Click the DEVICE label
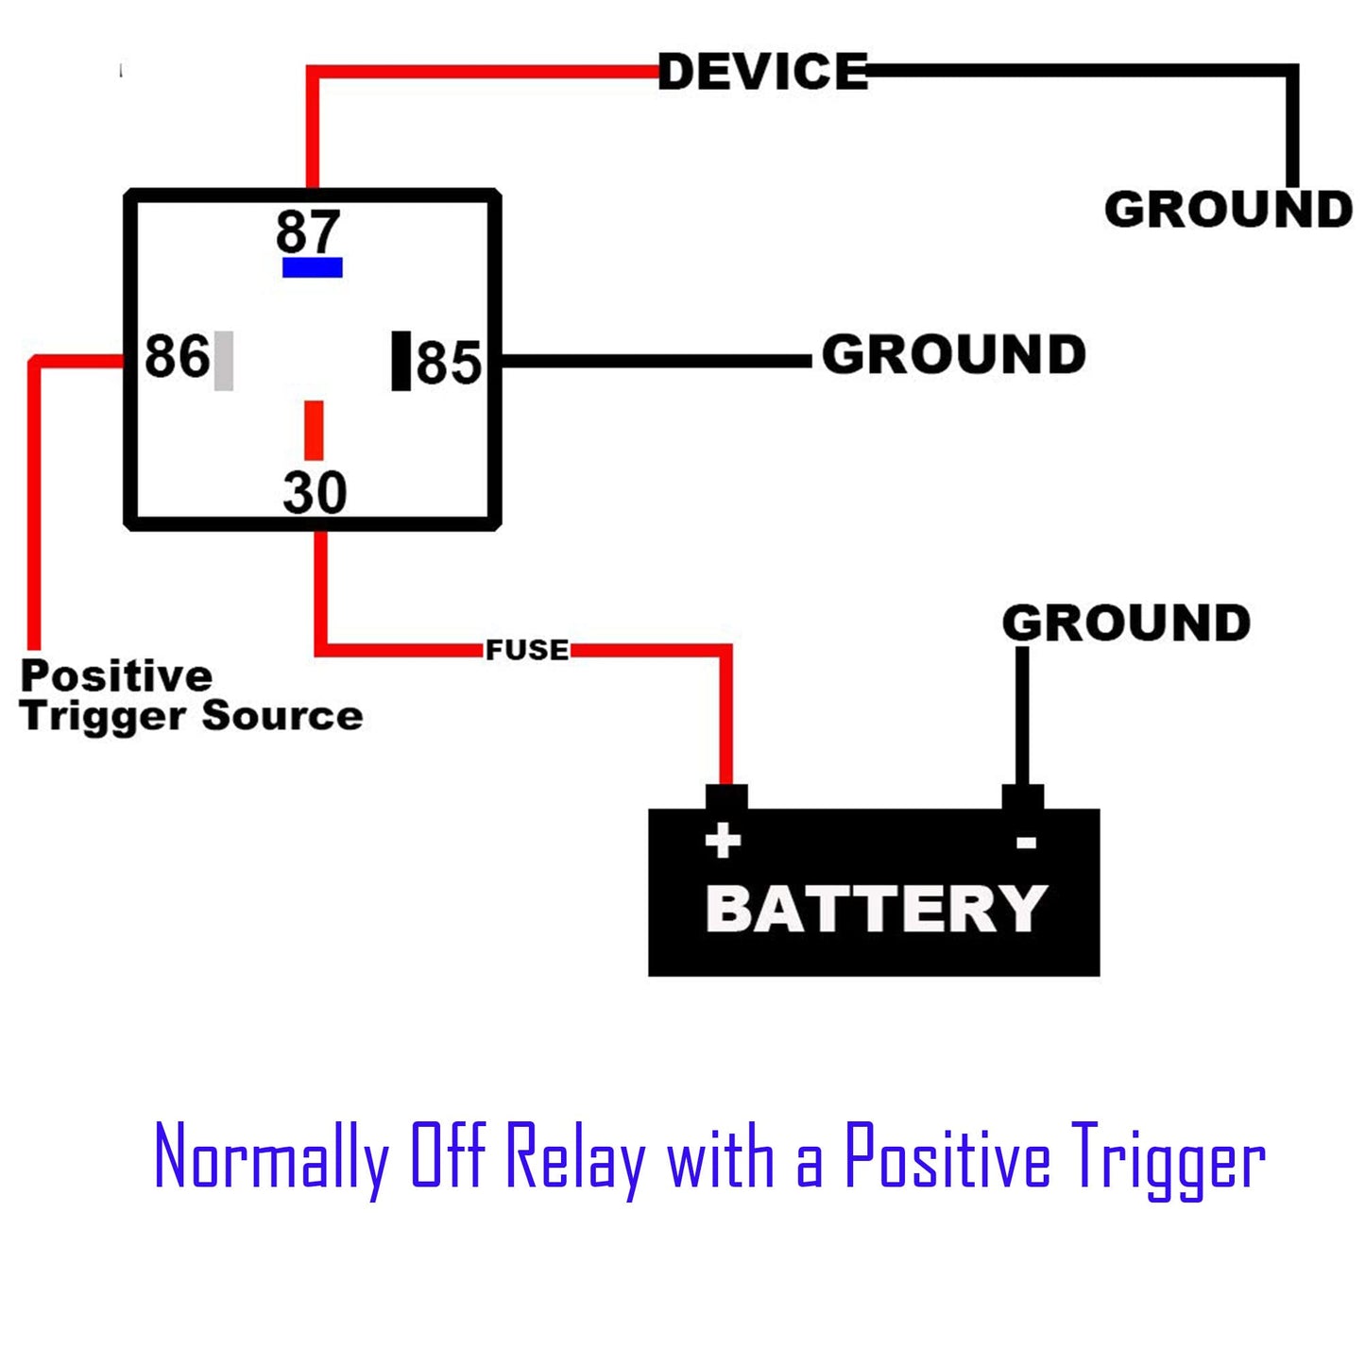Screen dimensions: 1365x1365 coord(762,73)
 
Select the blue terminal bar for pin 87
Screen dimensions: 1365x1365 coord(313,267)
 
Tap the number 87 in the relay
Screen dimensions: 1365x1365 coord(308,231)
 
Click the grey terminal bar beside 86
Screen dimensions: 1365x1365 coord(224,360)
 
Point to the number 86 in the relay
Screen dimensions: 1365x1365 coord(177,357)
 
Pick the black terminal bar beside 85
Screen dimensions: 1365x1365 coord(401,360)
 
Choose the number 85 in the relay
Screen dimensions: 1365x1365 coord(449,363)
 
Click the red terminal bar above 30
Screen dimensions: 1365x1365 coord(314,430)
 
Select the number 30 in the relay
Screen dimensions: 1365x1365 coord(315,492)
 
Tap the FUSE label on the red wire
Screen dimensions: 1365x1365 coord(527,650)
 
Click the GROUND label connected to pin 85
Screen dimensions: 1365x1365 coord(954,355)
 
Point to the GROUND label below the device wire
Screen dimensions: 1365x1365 coord(1228,210)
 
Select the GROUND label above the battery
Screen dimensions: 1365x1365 coord(1126,623)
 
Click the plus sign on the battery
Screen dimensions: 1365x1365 coord(724,840)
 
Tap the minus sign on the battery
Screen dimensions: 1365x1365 coord(1027,842)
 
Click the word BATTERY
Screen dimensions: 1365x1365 coord(877,909)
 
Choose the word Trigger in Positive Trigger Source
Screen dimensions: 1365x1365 coord(104,717)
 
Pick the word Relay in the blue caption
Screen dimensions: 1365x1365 coord(575,1158)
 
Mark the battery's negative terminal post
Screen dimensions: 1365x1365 coord(1023,797)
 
